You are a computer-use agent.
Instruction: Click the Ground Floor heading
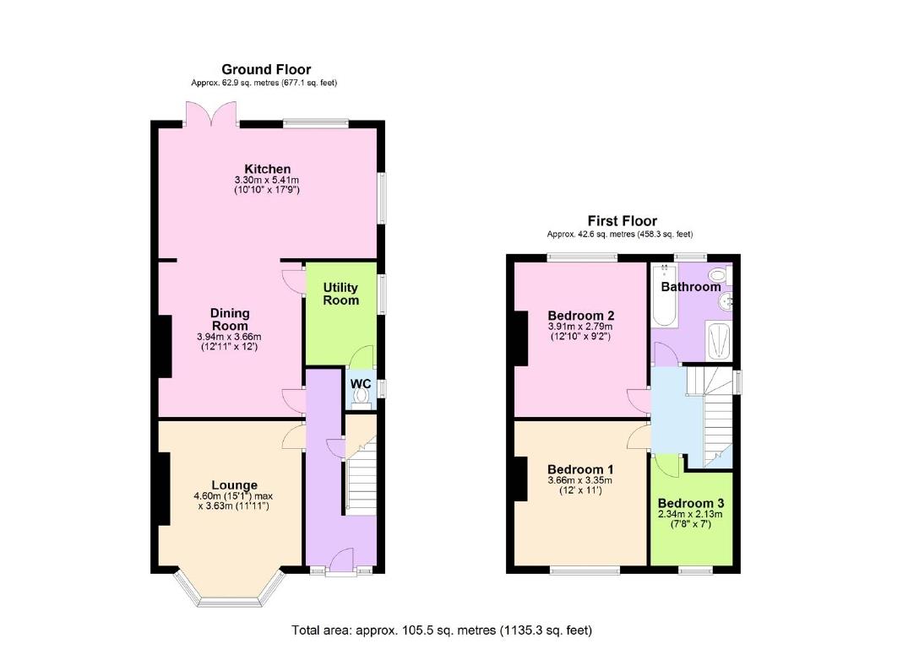(x=266, y=69)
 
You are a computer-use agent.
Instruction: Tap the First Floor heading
(x=622, y=221)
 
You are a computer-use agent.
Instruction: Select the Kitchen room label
(x=267, y=170)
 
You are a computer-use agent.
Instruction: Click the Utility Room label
(x=340, y=294)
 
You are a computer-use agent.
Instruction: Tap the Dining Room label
(x=230, y=319)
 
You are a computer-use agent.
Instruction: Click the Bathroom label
(x=691, y=287)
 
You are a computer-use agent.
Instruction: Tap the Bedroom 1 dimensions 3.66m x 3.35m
(x=580, y=480)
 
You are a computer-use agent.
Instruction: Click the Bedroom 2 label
(x=581, y=314)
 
